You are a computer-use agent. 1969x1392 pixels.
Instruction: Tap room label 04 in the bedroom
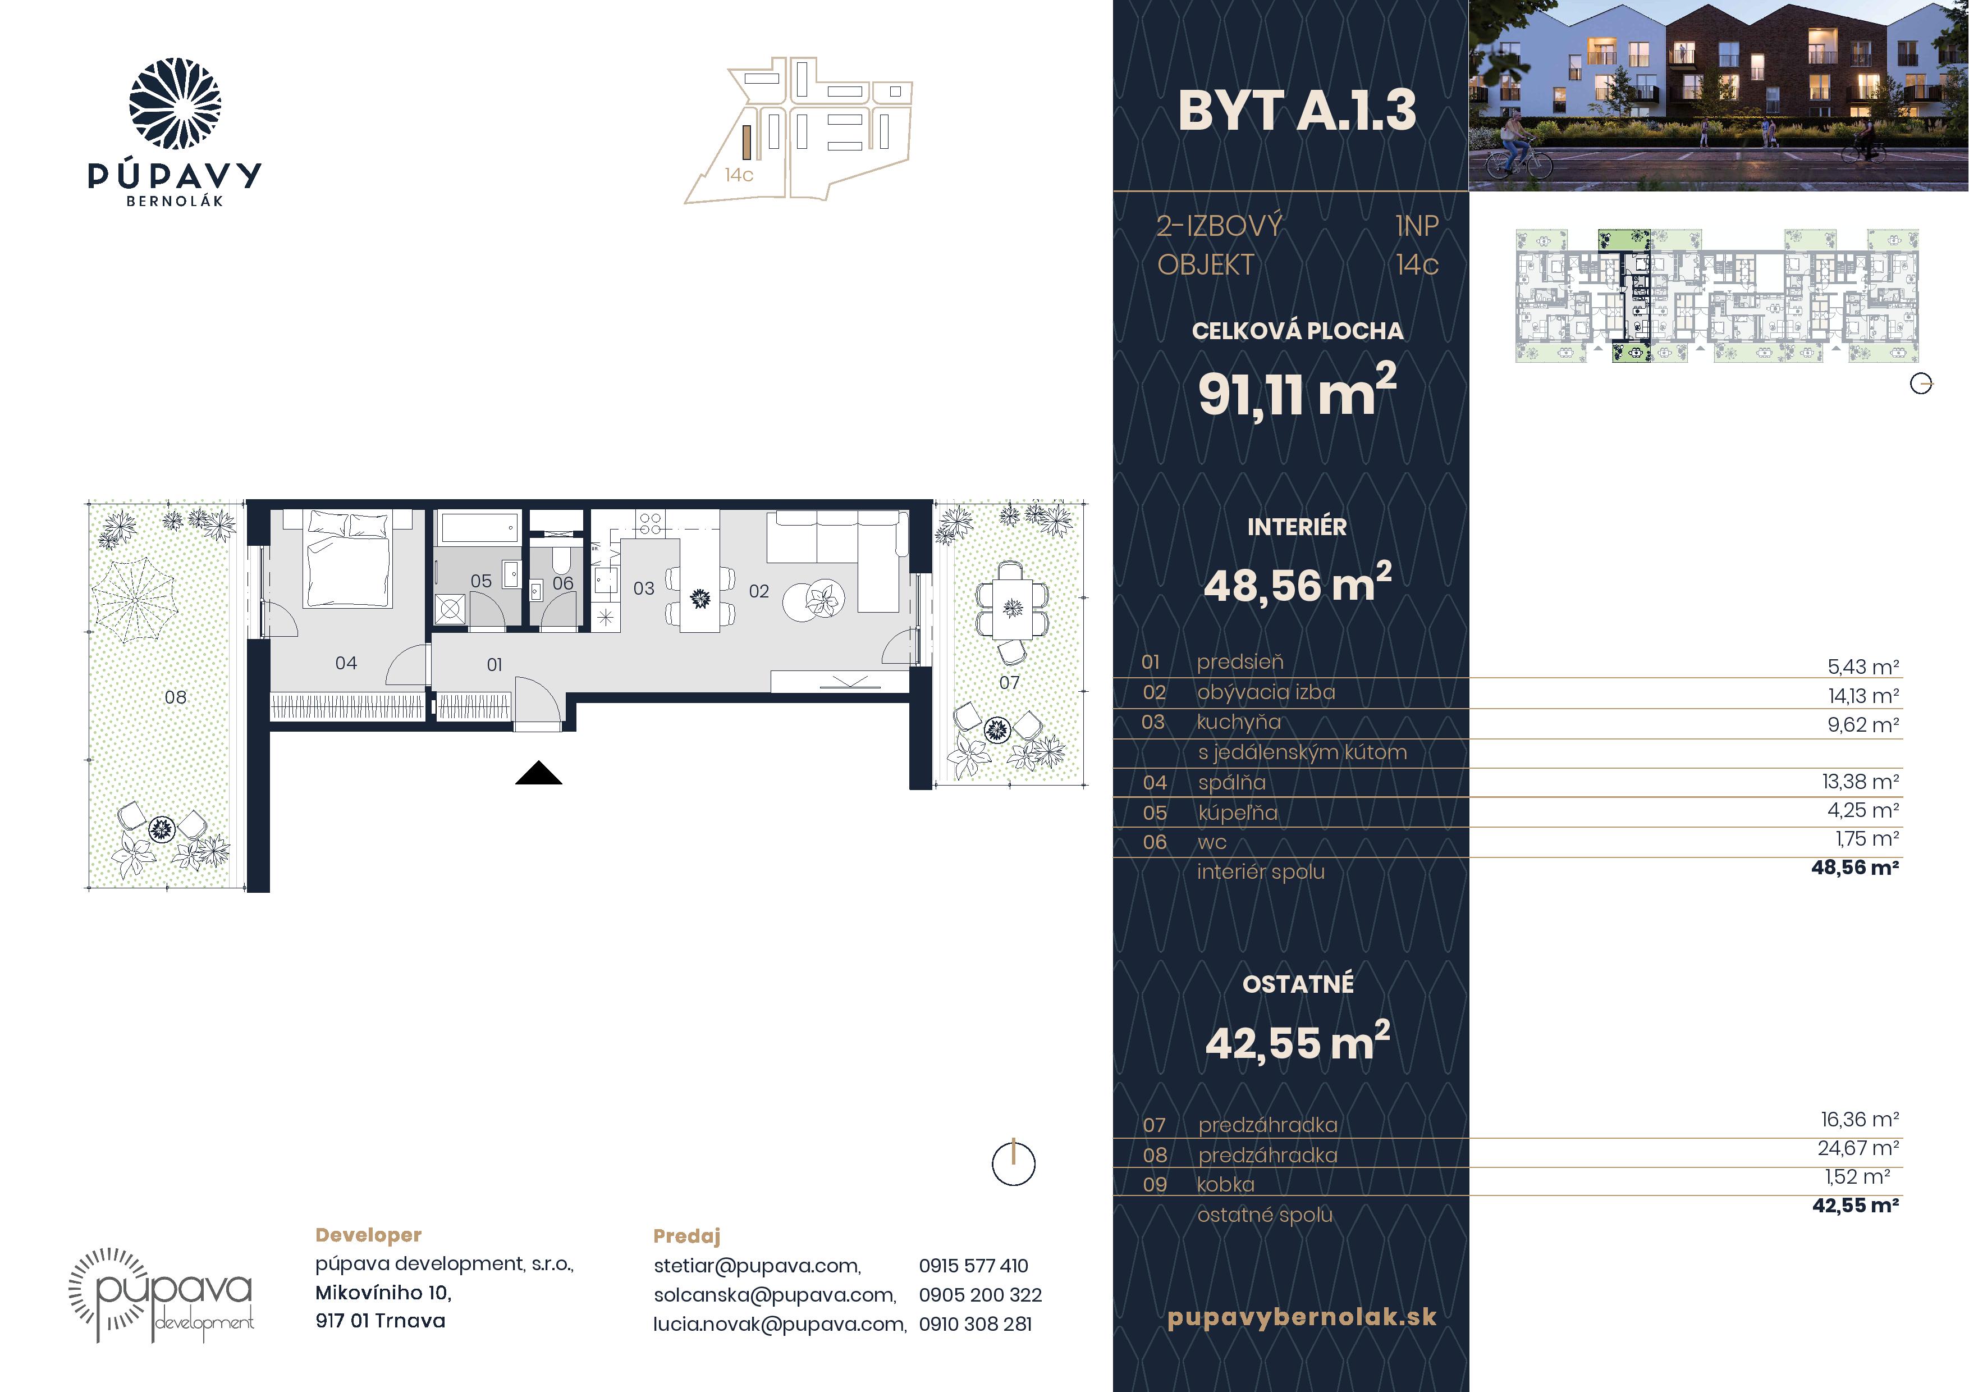point(346,663)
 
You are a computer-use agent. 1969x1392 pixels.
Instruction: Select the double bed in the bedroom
point(348,558)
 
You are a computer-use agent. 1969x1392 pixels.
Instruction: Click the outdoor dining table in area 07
point(1013,609)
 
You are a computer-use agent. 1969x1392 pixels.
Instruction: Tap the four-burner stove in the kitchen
point(649,523)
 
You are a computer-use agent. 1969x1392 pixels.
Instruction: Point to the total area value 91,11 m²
point(1297,391)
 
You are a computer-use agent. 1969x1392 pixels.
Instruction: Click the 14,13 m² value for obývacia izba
point(1863,696)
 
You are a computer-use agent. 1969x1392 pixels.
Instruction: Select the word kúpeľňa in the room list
point(1238,812)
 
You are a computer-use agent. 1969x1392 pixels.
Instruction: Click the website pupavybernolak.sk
point(1302,1317)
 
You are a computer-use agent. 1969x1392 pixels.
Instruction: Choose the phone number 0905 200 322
point(980,1294)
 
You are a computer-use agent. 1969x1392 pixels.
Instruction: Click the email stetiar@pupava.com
point(757,1266)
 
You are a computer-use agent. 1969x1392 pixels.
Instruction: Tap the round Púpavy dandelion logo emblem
point(175,104)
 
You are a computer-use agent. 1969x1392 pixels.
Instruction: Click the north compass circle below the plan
point(1014,1164)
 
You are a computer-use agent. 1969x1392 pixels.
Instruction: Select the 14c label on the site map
point(739,175)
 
